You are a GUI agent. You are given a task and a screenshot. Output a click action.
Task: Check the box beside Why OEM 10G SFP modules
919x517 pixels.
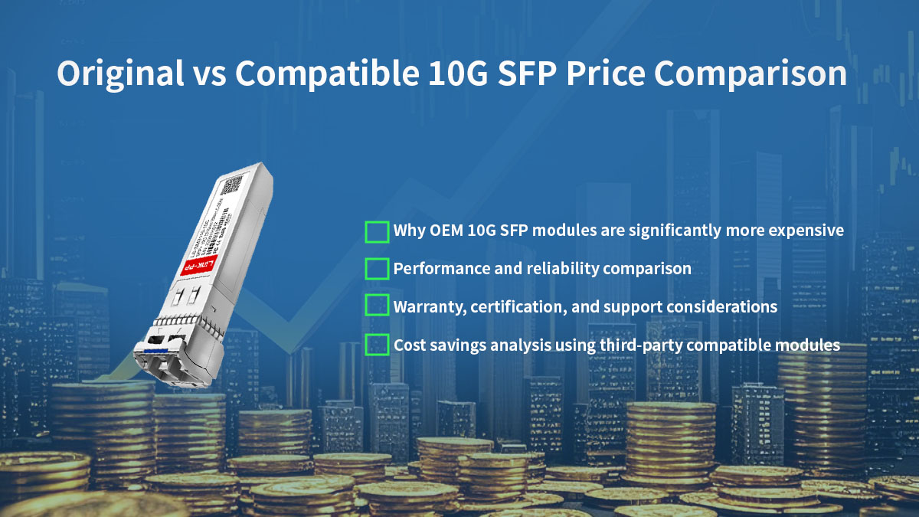[x=377, y=231]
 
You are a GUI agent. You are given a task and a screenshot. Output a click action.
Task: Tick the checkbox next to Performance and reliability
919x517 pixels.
[x=377, y=269]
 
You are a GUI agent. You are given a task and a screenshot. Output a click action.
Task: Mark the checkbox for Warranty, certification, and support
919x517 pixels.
[x=377, y=306]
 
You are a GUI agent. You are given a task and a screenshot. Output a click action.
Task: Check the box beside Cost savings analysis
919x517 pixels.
[x=377, y=345]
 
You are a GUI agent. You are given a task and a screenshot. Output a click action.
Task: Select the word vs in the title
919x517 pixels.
[x=210, y=74]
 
